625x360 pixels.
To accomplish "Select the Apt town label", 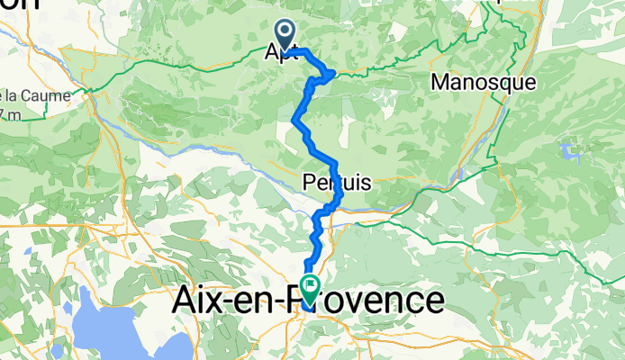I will tap(280, 53).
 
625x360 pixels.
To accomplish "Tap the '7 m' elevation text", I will tap(9, 114).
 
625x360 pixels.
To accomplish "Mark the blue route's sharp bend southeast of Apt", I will tap(334, 72).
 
